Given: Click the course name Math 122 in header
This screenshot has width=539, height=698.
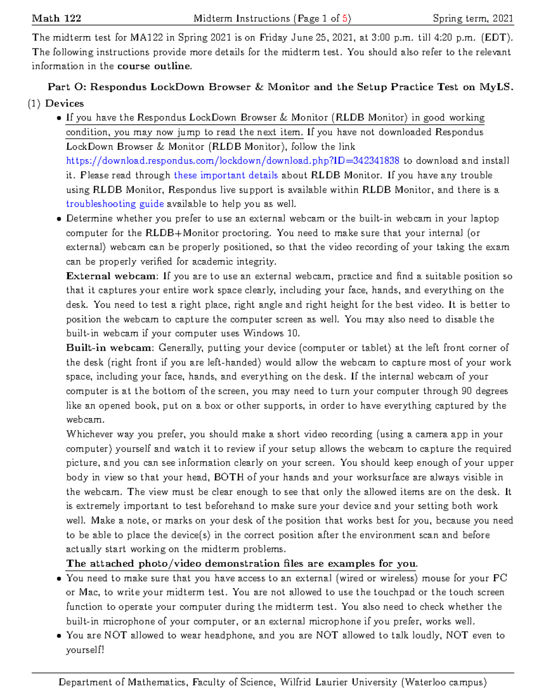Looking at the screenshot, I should (57, 18).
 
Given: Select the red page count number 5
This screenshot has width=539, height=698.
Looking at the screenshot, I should (345, 18).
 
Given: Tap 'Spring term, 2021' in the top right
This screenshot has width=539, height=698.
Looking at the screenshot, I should (473, 18).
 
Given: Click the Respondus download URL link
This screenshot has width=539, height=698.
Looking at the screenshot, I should (232, 161).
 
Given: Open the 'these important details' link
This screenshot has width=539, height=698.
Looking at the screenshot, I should (225, 175).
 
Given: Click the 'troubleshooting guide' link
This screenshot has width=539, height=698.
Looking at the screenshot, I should (115, 204).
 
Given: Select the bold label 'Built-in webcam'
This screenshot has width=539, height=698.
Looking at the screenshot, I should (110, 348).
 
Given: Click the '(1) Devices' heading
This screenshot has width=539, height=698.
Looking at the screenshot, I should (56, 103).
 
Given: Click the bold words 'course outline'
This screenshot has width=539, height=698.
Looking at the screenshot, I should (154, 67).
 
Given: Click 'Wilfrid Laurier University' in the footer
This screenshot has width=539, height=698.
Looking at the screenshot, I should (338, 682).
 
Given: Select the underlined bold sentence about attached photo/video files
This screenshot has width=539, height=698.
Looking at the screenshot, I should (242, 564).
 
